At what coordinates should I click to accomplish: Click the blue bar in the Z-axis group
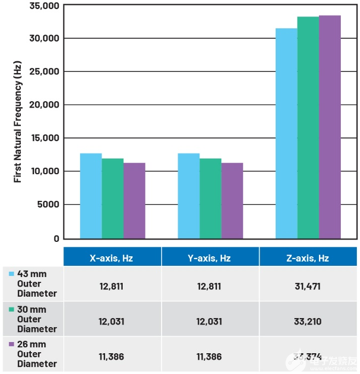pyautogui.click(x=286, y=133)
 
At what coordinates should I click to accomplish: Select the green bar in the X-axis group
pyautogui.click(x=113, y=198)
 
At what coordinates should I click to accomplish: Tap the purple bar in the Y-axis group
pyautogui.click(x=232, y=200)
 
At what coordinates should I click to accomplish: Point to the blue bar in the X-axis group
pyautogui.click(x=91, y=196)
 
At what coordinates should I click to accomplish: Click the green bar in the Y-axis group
pyautogui.click(x=210, y=198)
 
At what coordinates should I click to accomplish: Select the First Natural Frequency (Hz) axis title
pyautogui.click(x=18, y=122)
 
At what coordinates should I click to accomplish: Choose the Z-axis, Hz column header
pyautogui.click(x=307, y=258)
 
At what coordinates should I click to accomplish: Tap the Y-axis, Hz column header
pyautogui.click(x=209, y=258)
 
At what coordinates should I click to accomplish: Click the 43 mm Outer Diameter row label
pyautogui.click(x=36, y=283)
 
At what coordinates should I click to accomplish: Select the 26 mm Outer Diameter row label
pyautogui.click(x=36, y=354)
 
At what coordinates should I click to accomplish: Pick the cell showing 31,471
pyautogui.click(x=307, y=287)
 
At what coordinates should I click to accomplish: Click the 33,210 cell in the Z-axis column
pyautogui.click(x=307, y=322)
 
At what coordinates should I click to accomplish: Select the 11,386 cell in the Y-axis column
pyautogui.click(x=209, y=356)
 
